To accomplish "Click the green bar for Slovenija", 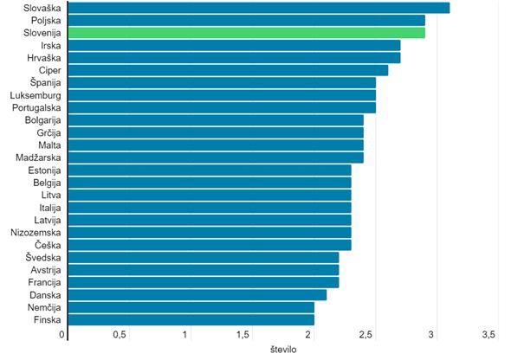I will click(246, 33).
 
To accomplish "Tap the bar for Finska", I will click(191, 320).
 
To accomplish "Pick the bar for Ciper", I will click(228, 70).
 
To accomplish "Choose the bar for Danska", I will click(197, 295).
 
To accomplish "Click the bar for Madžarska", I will click(216, 157).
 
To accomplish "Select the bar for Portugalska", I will click(222, 108).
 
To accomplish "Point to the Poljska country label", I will click(45, 20).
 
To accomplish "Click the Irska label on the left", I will click(50, 45).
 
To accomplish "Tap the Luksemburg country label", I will click(35, 95).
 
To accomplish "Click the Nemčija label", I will click(43, 307).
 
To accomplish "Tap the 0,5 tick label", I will click(120, 335).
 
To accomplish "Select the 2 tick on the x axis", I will click(308, 335).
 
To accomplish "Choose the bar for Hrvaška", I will click(234, 58).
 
